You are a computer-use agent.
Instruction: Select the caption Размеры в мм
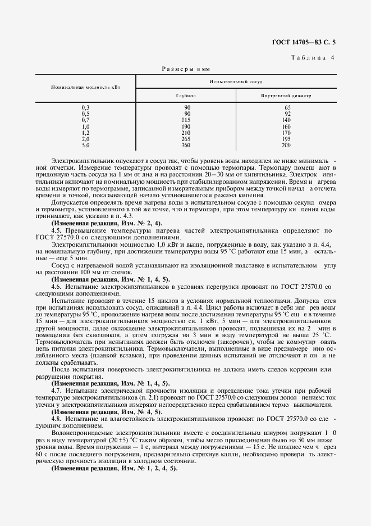(x=186, y=69)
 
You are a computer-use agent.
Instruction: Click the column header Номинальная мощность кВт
(x=85, y=88)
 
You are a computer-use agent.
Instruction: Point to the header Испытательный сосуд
(x=236, y=82)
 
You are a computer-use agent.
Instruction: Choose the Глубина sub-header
(x=186, y=95)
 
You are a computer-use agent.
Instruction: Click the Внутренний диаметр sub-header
(x=286, y=95)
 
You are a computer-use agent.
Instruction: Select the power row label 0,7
(x=85, y=120)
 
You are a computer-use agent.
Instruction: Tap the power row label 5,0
(x=85, y=145)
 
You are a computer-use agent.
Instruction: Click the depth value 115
(x=186, y=120)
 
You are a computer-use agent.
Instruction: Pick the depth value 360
(x=186, y=145)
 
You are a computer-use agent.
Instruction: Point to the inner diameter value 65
(x=287, y=107)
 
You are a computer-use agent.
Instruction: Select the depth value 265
(x=186, y=139)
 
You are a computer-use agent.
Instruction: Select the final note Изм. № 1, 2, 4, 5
(x=114, y=469)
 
